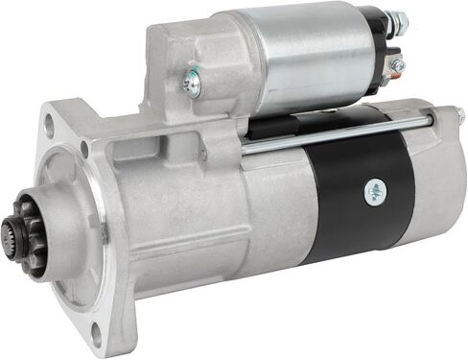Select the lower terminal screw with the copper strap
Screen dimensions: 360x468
click(x=396, y=66)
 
